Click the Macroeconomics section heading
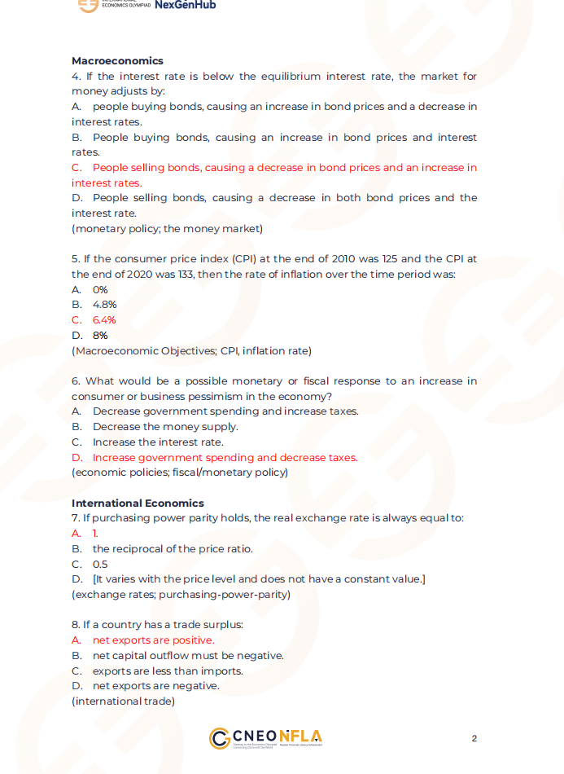click(x=117, y=60)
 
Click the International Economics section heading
click(x=138, y=503)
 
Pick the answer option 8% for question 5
click(x=100, y=335)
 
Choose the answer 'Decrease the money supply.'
click(x=165, y=426)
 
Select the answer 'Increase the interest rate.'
click(x=158, y=442)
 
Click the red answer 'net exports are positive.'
click(x=154, y=640)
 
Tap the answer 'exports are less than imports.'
click(x=168, y=671)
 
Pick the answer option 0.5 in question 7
click(x=100, y=564)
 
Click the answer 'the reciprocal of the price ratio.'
click(x=173, y=548)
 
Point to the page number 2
click(x=474, y=738)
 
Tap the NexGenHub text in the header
click(x=185, y=5)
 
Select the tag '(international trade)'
click(x=123, y=701)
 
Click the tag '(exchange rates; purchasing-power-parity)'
click(x=181, y=594)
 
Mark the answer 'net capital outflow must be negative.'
click(x=188, y=655)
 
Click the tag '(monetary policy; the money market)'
click(x=167, y=228)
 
